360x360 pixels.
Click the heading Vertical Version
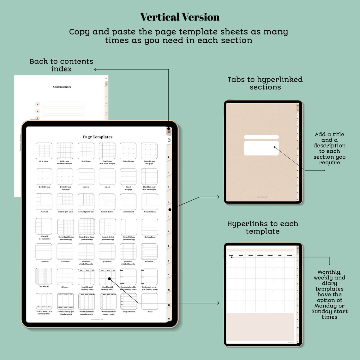[x=180, y=17]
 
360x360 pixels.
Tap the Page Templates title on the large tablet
[x=98, y=137]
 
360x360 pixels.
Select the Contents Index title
[x=62, y=87]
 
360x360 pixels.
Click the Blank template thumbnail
[x=150, y=302]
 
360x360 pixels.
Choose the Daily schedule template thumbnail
[x=129, y=302]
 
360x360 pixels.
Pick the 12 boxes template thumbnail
[x=65, y=277]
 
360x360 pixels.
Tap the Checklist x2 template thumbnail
[x=44, y=277]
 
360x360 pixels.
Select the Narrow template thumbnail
[x=86, y=177]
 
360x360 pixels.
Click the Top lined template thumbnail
[x=44, y=252]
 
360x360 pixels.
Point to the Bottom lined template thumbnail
[x=150, y=227]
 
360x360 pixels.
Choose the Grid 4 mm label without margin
[x=44, y=161]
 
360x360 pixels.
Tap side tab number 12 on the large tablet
[x=169, y=319]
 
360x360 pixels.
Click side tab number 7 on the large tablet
[x=169, y=246]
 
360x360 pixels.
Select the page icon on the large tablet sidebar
[x=169, y=140]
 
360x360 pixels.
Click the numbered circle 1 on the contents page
[x=38, y=104]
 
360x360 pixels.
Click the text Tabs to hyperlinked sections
[x=265, y=83]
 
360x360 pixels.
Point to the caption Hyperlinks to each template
[x=263, y=228]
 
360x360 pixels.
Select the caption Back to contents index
[x=62, y=65]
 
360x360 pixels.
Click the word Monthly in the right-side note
[x=329, y=272]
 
